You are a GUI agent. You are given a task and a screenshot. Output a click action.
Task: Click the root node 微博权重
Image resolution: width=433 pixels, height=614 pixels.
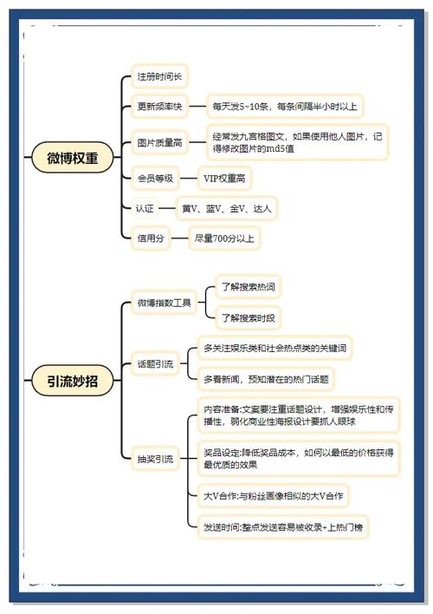[x=73, y=158]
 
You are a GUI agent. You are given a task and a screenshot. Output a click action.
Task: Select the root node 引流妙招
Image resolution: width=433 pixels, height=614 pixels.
[x=73, y=380]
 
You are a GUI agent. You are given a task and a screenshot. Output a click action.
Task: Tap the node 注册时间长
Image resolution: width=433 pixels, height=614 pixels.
[x=159, y=76]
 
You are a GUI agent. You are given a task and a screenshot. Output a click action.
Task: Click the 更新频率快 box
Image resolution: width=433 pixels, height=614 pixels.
[x=159, y=106]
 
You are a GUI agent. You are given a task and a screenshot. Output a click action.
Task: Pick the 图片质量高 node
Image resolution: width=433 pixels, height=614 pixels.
[x=159, y=142]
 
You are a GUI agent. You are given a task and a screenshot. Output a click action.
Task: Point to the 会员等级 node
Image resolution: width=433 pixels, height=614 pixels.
[x=155, y=179]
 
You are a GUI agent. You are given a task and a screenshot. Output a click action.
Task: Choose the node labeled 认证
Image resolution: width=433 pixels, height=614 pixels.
[x=145, y=208]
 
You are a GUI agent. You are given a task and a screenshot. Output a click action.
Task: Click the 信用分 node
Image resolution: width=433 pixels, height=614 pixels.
[x=151, y=238]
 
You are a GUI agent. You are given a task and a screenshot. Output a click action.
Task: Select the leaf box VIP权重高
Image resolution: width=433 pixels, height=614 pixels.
[x=224, y=179]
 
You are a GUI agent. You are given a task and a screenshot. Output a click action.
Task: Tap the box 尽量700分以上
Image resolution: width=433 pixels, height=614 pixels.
[x=224, y=238]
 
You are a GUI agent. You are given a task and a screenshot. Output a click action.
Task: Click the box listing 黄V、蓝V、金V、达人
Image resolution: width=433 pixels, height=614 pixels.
[x=227, y=208]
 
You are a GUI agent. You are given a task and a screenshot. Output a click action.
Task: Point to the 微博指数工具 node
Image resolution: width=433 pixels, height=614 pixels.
[x=164, y=303]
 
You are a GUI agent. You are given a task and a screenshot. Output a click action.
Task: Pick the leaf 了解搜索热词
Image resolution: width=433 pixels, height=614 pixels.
[x=249, y=287]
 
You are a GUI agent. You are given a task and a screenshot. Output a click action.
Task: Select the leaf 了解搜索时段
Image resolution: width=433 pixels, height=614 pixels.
[x=249, y=317]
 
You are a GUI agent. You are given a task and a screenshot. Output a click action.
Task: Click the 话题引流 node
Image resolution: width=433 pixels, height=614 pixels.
[x=155, y=364]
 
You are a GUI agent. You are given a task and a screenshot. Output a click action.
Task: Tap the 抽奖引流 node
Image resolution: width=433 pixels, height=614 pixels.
[x=155, y=459]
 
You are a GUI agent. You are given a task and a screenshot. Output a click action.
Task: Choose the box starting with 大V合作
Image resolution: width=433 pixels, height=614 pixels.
[x=273, y=496]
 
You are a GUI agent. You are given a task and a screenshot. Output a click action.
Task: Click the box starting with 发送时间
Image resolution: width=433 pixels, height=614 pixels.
[x=283, y=527]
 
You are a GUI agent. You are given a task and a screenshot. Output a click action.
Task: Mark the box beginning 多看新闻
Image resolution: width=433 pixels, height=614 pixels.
[x=266, y=379]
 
